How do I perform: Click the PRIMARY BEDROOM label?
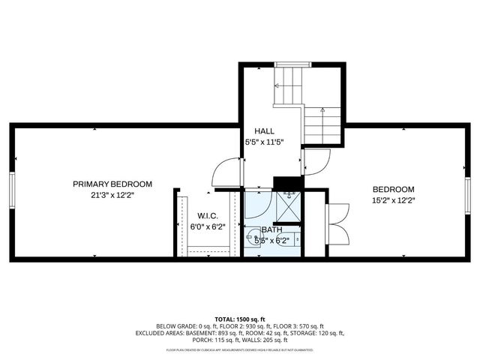coord(112,184)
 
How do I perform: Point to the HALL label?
coord(264,130)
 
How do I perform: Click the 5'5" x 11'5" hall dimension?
coord(264,141)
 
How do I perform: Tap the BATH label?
coord(272,229)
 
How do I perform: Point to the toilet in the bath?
coord(298,238)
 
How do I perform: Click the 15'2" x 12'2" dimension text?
coord(393,200)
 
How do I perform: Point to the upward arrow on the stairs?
coord(323,120)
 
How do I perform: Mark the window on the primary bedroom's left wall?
coord(11,191)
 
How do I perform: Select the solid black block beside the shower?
coord(287,183)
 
